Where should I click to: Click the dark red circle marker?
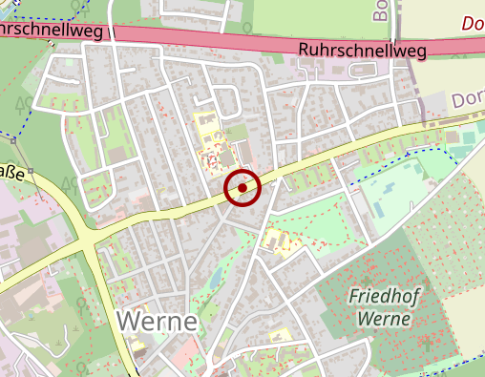click(242, 187)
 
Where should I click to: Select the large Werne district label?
click(158, 321)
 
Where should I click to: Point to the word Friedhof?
click(385, 295)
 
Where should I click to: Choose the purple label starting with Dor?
click(468, 98)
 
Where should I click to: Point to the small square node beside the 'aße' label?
click(31, 172)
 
